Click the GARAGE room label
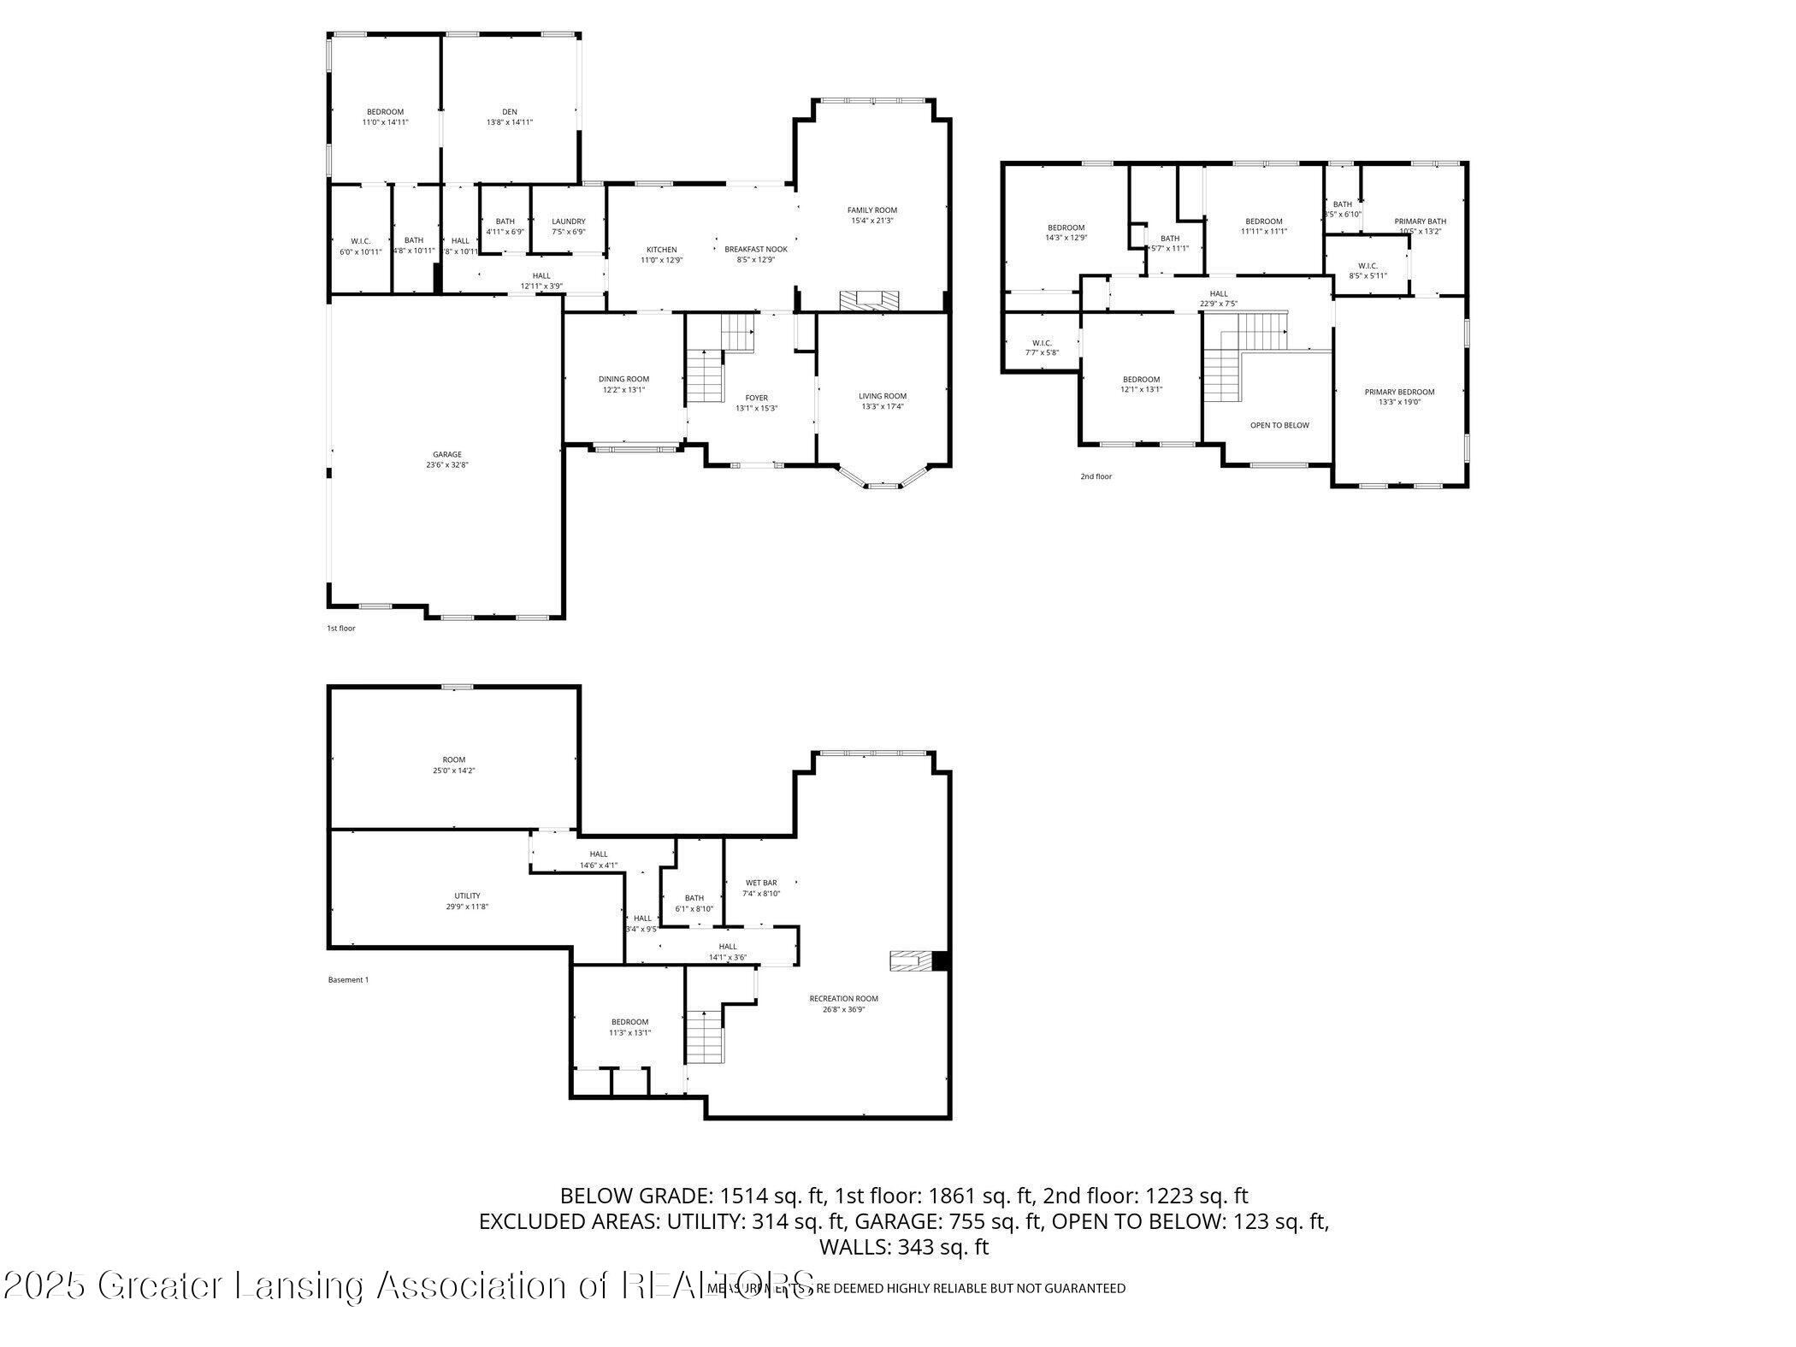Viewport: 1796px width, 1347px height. (447, 455)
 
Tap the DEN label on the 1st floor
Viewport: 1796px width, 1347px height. (510, 112)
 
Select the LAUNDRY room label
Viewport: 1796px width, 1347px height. (569, 222)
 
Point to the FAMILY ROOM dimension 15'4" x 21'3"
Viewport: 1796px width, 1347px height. (872, 221)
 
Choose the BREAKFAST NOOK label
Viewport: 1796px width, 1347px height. (756, 250)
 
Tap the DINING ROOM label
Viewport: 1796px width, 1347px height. (623, 379)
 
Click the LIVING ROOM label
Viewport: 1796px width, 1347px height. (883, 396)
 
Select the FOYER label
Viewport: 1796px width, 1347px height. (757, 398)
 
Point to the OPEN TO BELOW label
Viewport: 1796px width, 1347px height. (1279, 425)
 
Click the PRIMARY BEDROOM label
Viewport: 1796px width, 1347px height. (1399, 392)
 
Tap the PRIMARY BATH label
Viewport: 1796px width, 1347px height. (1421, 222)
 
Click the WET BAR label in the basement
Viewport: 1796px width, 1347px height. (761, 883)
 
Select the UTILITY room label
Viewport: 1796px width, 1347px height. (467, 895)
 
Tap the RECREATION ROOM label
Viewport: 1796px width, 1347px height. (844, 998)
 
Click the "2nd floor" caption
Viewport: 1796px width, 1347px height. (1096, 476)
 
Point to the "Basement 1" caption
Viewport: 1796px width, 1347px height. (348, 980)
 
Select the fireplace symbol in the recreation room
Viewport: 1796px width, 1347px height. (913, 961)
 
